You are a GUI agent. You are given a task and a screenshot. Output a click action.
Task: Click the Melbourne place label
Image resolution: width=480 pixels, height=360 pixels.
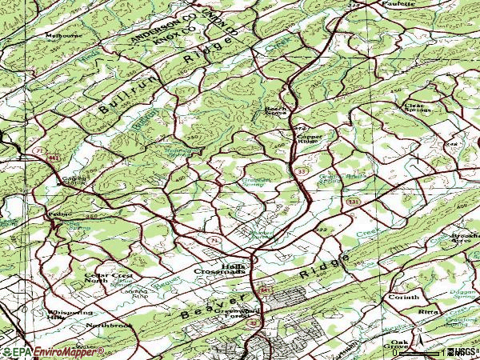(63, 36)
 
